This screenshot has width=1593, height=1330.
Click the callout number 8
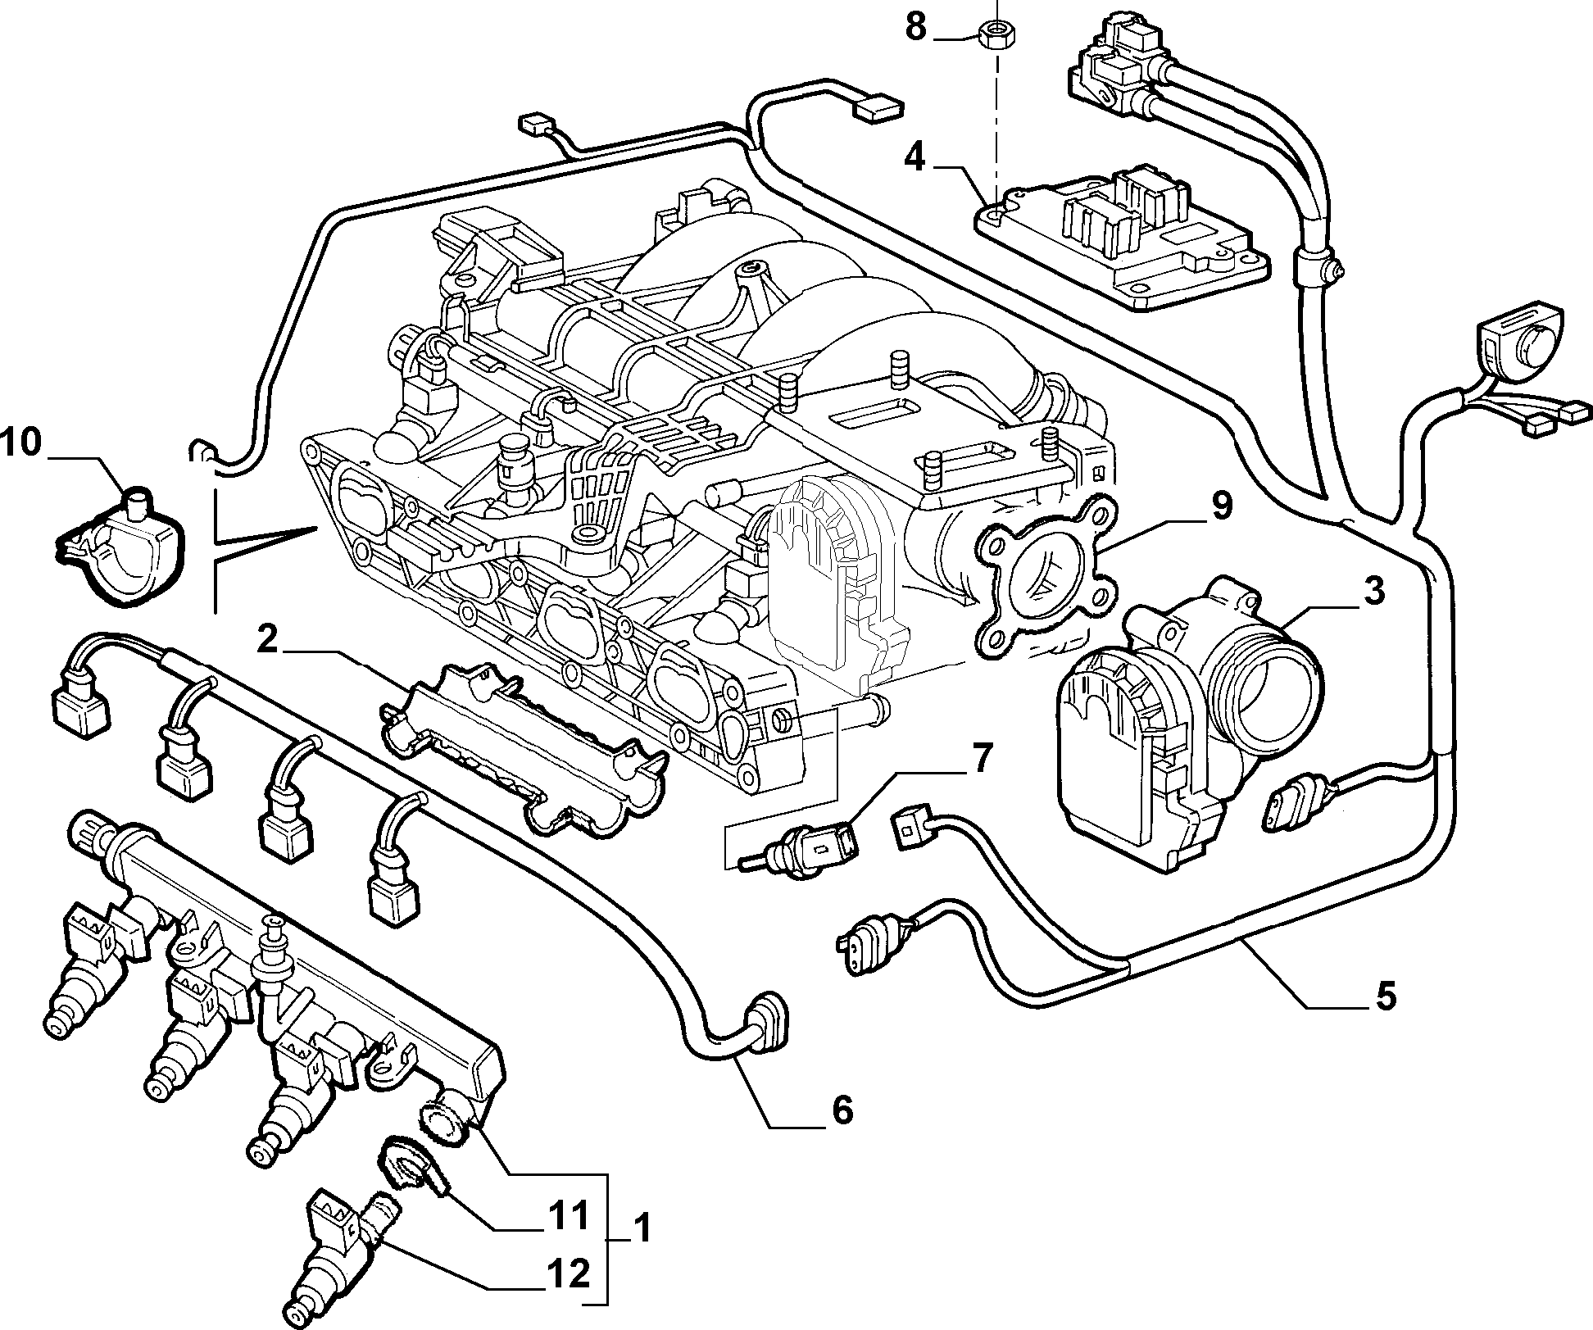point(916,27)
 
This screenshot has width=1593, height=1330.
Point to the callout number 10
point(20,443)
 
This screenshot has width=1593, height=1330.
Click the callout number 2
point(267,640)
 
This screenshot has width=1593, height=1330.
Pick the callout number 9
point(1219,506)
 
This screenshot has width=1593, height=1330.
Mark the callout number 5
point(1384,997)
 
